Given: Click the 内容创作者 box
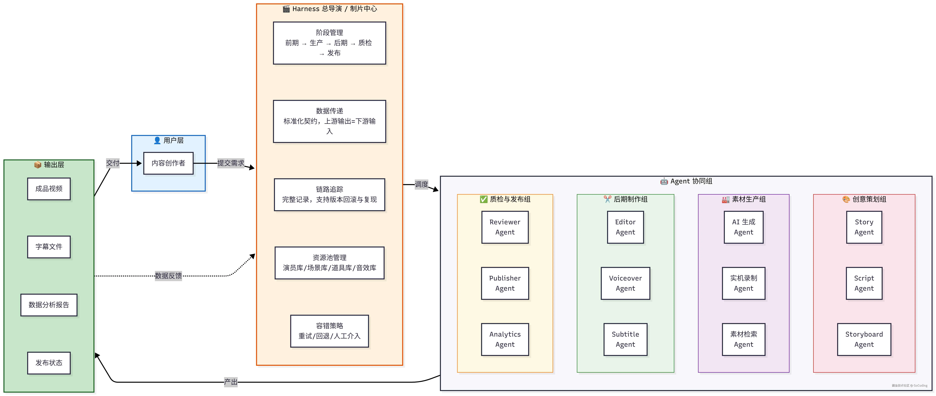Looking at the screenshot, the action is click(168, 163).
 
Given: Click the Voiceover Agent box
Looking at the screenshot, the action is click(625, 283).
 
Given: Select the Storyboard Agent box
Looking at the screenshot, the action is click(864, 339).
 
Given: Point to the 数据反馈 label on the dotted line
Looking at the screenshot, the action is click(168, 276).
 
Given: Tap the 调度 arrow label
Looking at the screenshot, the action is click(421, 184).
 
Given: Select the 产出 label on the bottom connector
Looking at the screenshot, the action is click(231, 382).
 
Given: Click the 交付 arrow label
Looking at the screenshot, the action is click(113, 163).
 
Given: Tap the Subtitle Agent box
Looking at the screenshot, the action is click(625, 339).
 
